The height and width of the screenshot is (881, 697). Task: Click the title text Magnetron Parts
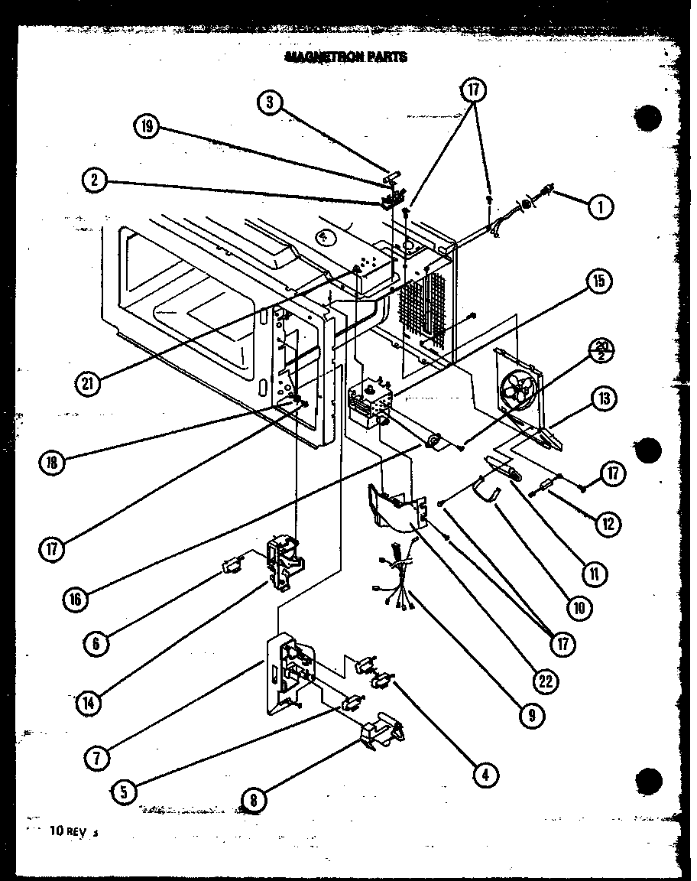[345, 57]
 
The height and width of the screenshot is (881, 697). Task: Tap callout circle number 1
[601, 206]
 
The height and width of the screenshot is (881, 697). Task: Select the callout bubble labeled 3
[269, 103]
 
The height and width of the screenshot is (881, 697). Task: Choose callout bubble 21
[89, 383]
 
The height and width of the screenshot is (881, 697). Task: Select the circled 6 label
[97, 642]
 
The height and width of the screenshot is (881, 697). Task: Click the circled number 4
[485, 775]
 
